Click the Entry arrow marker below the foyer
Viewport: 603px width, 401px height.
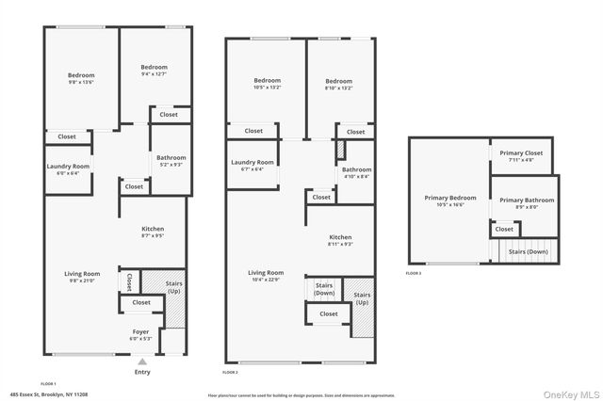coord(142,361)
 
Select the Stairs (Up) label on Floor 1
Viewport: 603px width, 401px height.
coord(173,288)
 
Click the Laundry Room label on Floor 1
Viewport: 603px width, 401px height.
coord(68,169)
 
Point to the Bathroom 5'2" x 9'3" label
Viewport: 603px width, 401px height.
coord(171,161)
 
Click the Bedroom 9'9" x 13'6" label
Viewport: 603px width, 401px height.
coord(81,79)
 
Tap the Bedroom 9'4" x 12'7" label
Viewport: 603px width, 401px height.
coord(154,71)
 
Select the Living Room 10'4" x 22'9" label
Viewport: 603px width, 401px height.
coord(266,276)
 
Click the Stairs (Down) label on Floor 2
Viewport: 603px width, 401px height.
coord(324,288)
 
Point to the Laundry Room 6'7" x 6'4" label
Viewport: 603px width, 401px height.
coord(253,166)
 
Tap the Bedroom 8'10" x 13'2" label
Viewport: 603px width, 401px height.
coord(338,85)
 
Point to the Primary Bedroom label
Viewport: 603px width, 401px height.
coord(450,201)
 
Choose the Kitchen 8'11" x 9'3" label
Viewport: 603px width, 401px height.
coord(340,240)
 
